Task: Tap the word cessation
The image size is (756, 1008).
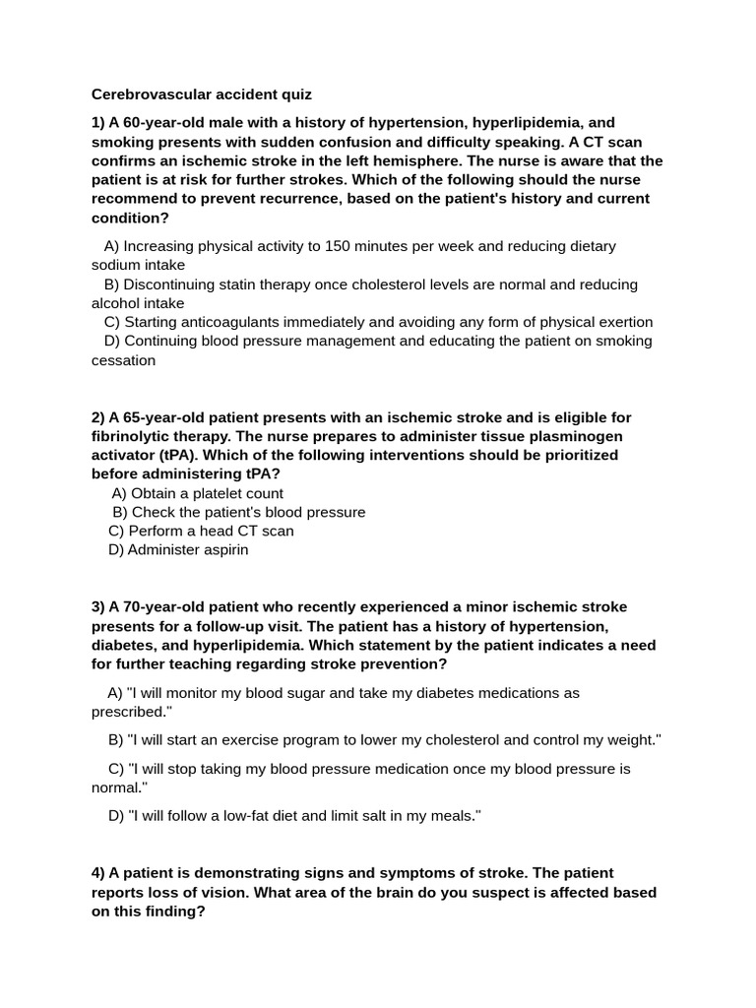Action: pos(123,360)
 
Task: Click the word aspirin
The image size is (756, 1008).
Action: pos(222,549)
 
